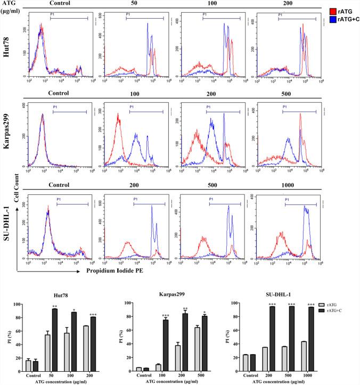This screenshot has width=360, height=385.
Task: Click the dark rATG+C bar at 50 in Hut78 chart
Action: coord(54,338)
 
